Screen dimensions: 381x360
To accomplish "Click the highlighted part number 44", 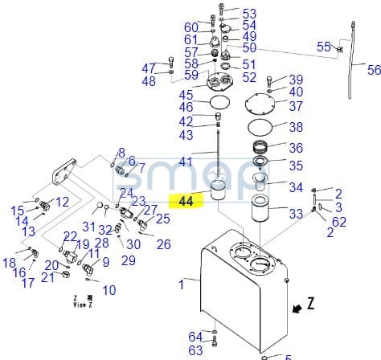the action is pos(186,201).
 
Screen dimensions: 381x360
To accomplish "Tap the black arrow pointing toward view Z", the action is pos(297,309).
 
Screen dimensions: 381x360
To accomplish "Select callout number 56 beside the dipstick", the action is pos(374,70).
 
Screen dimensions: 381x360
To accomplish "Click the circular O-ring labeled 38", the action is pos(260,128).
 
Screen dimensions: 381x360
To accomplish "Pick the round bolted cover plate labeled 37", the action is pos(260,105).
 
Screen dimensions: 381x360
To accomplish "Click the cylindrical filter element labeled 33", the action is pos(260,208).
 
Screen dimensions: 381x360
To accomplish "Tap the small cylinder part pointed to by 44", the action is pos(219,190).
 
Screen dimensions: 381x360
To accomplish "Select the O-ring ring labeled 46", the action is pos(219,102).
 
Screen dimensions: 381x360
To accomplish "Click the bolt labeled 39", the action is pos(269,81).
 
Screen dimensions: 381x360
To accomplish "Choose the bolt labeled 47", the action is pos(171,62).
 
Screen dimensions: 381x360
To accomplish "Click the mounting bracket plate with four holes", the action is pos(63,173).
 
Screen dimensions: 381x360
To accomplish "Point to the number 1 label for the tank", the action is pos(182,284).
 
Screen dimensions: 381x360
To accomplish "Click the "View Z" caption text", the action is pos(83,305).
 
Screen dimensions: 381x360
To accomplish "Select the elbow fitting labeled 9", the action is pos(87,268).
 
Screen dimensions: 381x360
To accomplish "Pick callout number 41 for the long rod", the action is pos(186,162).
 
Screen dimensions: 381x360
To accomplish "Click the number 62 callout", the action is pos(339,222).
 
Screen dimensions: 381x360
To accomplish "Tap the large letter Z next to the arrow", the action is pos(310,303).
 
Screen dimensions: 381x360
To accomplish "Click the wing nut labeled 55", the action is pos(339,49).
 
